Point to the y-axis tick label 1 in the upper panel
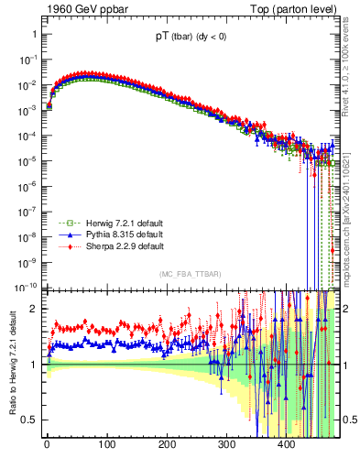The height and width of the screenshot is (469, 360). (x=34, y=34)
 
